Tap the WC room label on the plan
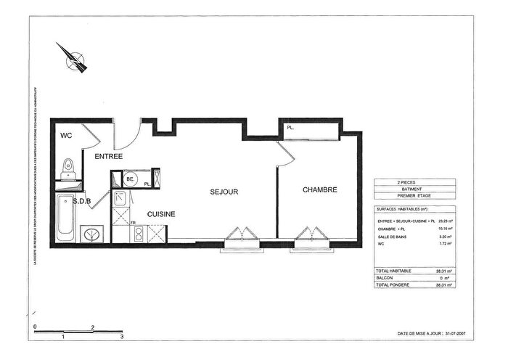65,135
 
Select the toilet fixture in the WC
68,168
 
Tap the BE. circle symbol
131,179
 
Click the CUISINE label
161,214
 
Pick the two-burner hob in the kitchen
137,234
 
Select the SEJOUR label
224,192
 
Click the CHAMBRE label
320,189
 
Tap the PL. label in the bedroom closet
290,128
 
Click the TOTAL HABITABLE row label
394,270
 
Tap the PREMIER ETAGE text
414,197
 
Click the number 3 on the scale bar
121,337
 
